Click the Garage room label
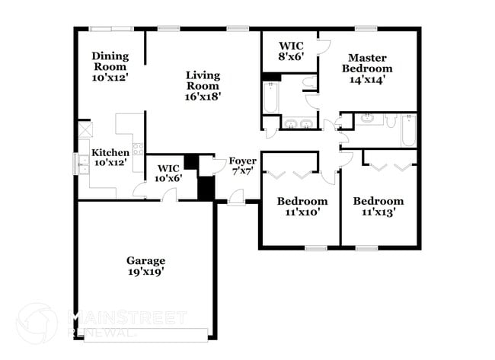[x=145, y=266]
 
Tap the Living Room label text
[x=203, y=86]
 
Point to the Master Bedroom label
[x=367, y=68]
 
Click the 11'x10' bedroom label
[x=302, y=207]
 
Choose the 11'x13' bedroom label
[x=378, y=207]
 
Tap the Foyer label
[x=243, y=167]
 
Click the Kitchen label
[x=110, y=157]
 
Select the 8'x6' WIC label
[x=291, y=49]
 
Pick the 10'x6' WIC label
[x=168, y=173]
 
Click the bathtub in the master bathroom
[x=270, y=97]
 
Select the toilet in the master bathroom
[x=309, y=83]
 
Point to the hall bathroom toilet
[x=391, y=121]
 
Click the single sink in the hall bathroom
[x=366, y=119]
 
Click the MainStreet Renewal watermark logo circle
[x=36, y=322]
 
